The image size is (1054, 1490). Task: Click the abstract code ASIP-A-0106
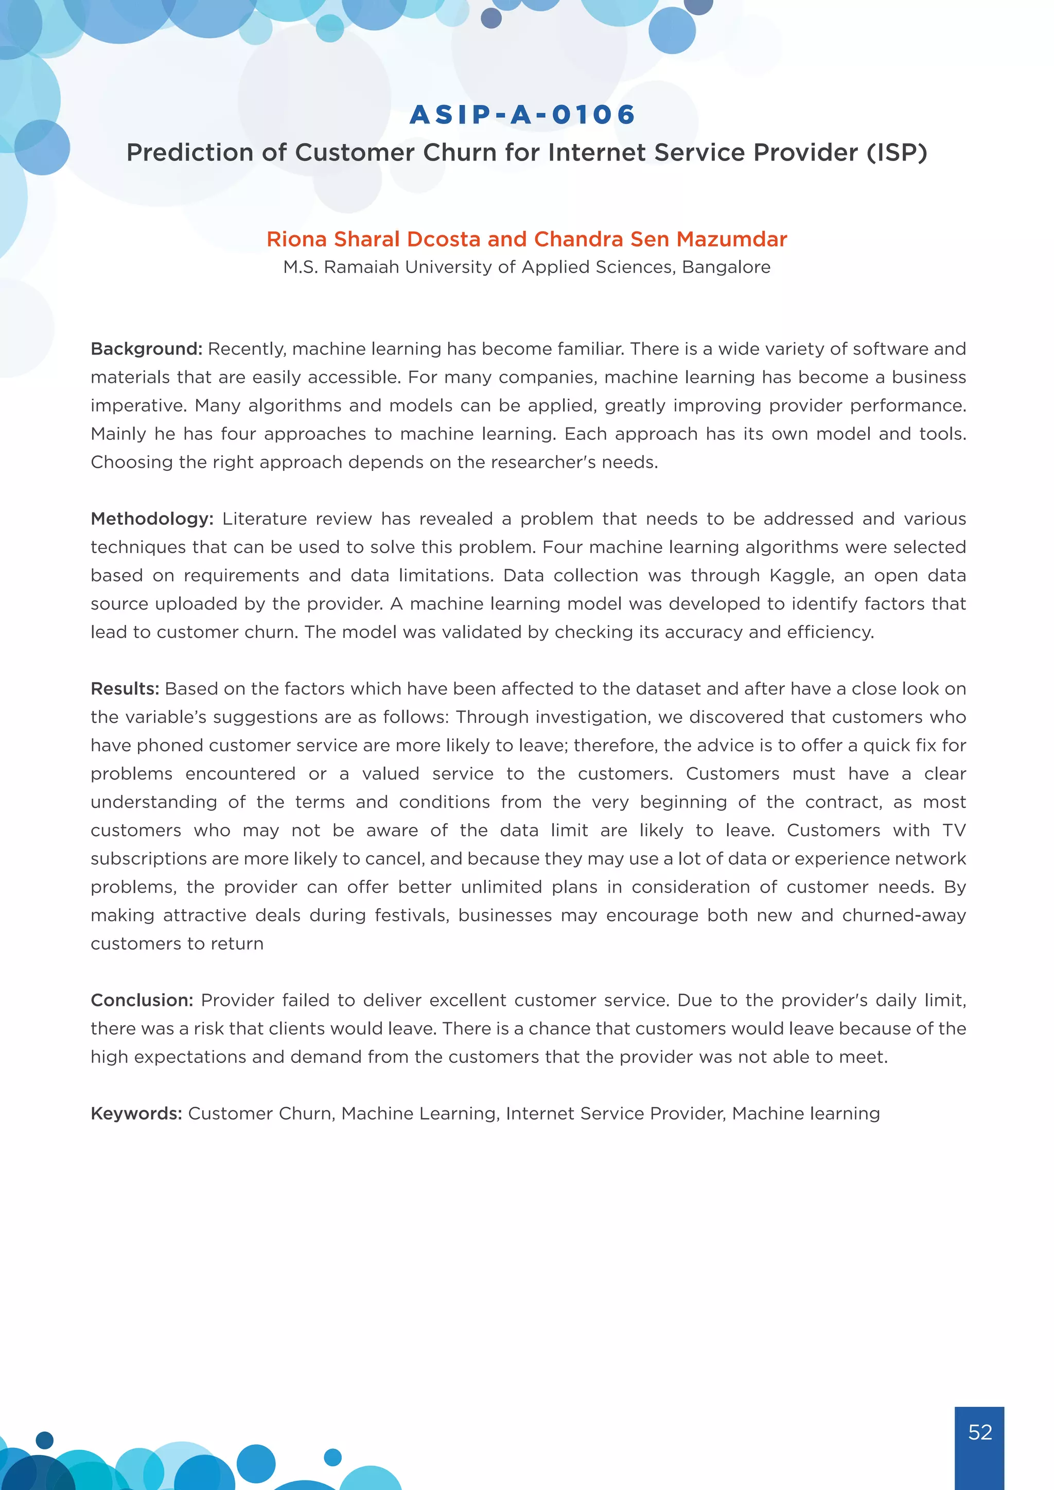[522, 115]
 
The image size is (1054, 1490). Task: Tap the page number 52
[979, 1431]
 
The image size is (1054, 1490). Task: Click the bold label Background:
[146, 349]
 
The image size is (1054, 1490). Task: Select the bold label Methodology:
[152, 519]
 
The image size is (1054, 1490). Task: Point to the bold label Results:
[125, 688]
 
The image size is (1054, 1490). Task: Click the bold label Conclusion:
[142, 1000]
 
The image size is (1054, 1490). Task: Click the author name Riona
[296, 239]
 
